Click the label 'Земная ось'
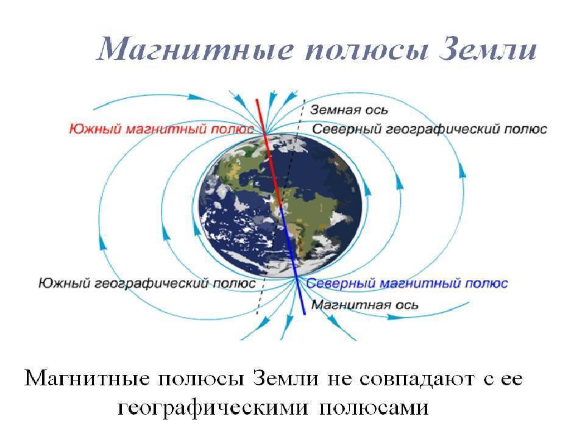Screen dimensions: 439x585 [349, 111]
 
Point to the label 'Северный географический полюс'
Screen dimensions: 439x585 [429, 129]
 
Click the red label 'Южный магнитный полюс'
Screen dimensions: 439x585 [161, 129]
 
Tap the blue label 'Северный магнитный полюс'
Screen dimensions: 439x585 [406, 284]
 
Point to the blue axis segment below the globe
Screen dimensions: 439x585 [301, 299]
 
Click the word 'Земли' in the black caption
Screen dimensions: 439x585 [284, 379]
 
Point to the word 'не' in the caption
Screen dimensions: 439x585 [336, 379]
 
